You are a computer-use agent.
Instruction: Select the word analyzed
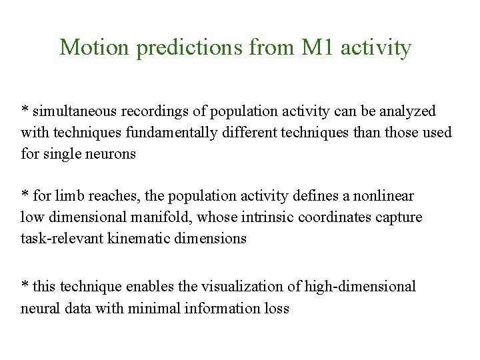coord(411,111)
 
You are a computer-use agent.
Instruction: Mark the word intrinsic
coord(269,217)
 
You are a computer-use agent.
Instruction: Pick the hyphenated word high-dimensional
coord(361,287)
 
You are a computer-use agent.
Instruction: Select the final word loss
coord(277,308)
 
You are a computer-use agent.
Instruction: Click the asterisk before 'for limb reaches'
coord(25,195)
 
